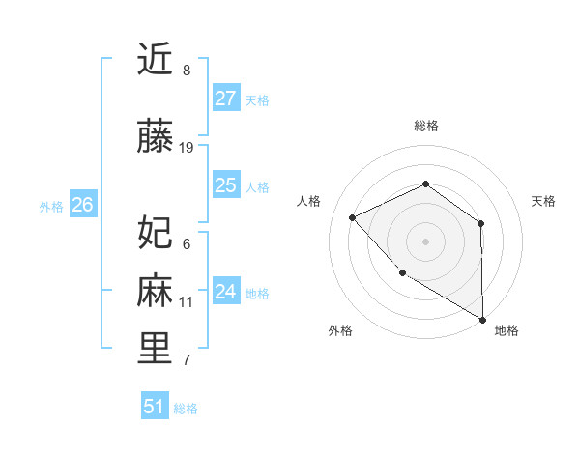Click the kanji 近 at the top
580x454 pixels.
(x=155, y=60)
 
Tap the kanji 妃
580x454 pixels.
(x=155, y=232)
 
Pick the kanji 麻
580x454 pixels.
(x=155, y=291)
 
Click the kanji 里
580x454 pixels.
(x=155, y=349)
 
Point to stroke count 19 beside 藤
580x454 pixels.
(x=187, y=148)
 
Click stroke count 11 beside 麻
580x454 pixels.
(x=187, y=302)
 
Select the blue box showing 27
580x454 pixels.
(x=226, y=99)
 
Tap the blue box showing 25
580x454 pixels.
(x=226, y=185)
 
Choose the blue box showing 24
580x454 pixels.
(x=226, y=292)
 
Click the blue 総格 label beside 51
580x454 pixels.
(x=186, y=409)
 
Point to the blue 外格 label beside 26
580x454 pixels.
(x=51, y=206)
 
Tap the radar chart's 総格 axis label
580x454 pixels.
(x=425, y=126)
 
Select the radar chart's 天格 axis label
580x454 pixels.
(x=544, y=201)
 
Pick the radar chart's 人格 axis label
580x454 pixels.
(x=308, y=201)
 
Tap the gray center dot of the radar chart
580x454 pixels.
(x=425, y=241)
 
